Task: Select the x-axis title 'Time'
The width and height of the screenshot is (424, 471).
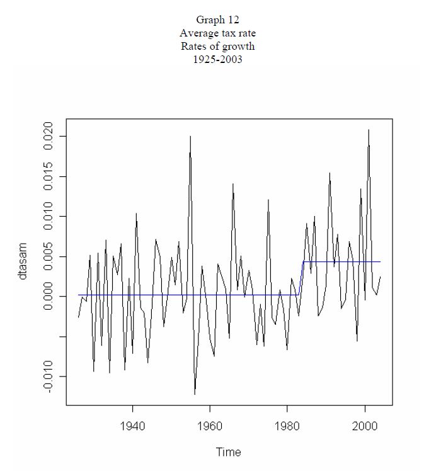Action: [x=228, y=451]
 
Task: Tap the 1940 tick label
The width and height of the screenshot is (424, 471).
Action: [x=132, y=426]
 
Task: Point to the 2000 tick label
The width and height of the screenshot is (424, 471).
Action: [x=365, y=426]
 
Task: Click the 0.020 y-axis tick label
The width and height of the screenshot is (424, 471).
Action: [x=49, y=137]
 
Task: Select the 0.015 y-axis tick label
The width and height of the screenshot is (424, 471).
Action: [x=49, y=177]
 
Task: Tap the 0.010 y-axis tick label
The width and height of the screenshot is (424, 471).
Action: [x=49, y=217]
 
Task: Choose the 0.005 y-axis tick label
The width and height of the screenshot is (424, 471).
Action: [x=49, y=257]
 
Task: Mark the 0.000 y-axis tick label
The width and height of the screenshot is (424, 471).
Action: [x=49, y=297]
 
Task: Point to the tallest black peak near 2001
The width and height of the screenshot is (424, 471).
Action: [x=369, y=130]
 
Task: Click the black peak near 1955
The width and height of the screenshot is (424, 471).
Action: [x=190, y=137]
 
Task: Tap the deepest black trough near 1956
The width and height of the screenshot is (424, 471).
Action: [x=195, y=394]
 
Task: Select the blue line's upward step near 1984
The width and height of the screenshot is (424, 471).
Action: [x=301, y=278]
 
